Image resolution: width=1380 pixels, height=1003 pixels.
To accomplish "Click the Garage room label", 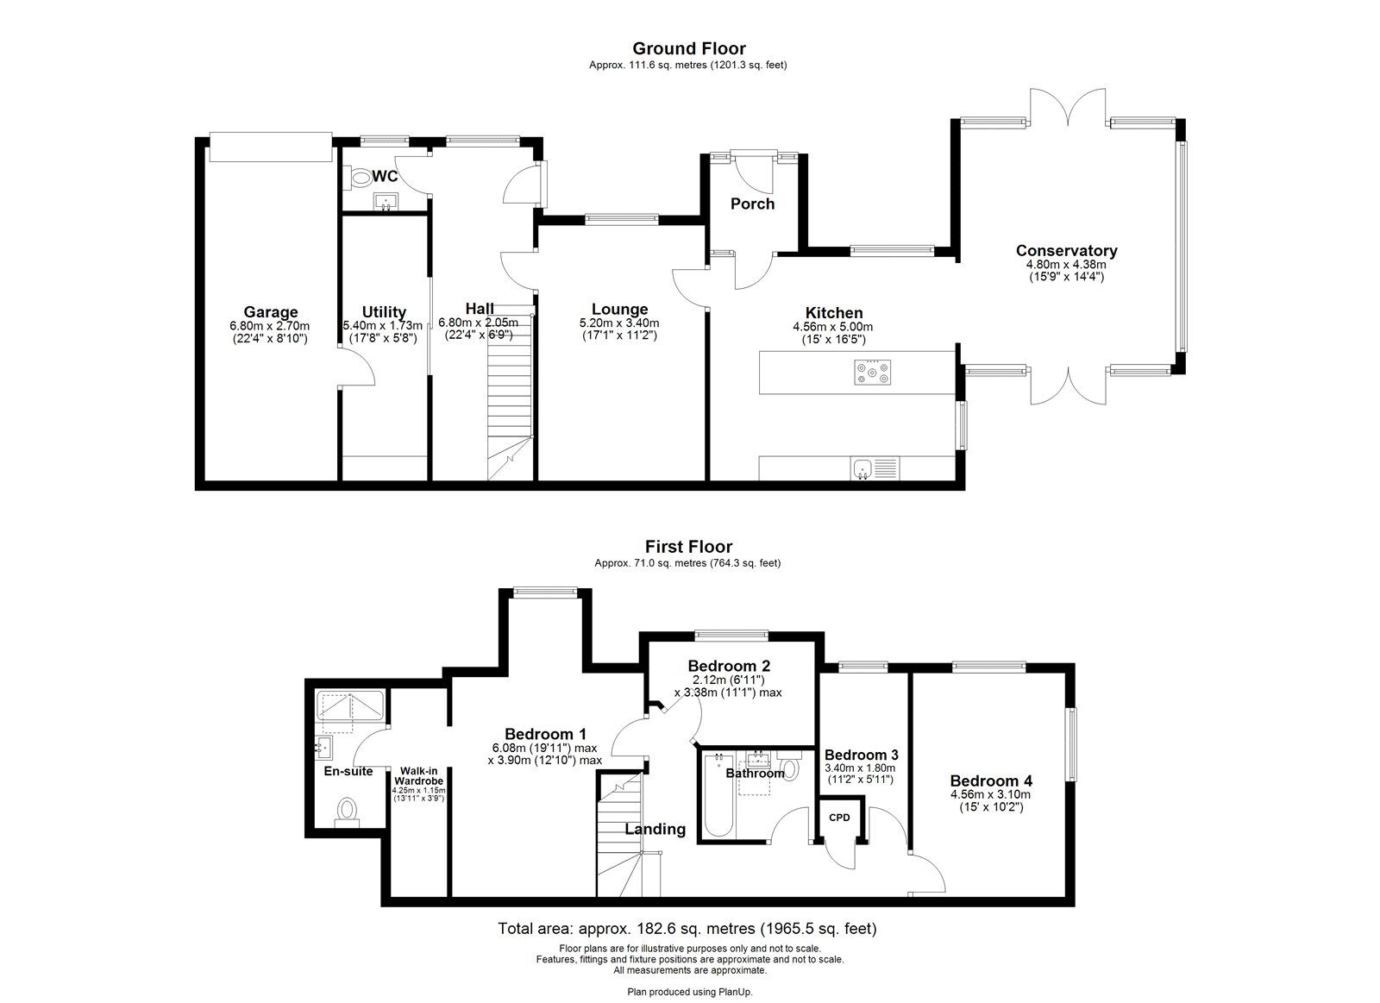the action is (271, 312).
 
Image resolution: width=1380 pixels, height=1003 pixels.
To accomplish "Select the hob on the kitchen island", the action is (872, 372).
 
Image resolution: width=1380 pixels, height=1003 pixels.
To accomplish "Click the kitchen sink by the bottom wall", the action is (875, 468).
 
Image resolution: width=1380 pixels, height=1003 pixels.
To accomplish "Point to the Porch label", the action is (752, 204).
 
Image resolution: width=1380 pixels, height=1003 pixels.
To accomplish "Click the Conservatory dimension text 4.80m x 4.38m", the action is (1066, 264).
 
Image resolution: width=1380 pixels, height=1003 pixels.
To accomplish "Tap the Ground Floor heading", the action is (689, 48).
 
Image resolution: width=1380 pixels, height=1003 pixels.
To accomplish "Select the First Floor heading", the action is (688, 547).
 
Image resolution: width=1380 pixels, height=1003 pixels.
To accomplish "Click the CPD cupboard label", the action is (839, 818).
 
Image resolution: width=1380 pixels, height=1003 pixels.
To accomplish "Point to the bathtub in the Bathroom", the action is (718, 795).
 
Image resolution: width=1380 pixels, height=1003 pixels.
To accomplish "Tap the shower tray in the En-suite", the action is (350, 705).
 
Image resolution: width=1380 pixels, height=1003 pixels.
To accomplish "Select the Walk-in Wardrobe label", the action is (419, 776).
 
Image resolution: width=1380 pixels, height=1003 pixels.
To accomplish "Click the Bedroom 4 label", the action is (991, 781).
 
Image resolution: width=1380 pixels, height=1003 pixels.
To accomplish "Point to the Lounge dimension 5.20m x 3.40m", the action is (619, 323).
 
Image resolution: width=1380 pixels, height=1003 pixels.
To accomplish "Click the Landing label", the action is (655, 830).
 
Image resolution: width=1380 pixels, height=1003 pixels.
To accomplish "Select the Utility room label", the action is (384, 312).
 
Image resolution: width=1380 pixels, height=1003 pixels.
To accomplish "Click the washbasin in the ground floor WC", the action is (386, 202).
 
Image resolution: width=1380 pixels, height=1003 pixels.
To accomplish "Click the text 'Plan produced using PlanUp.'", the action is (690, 992).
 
